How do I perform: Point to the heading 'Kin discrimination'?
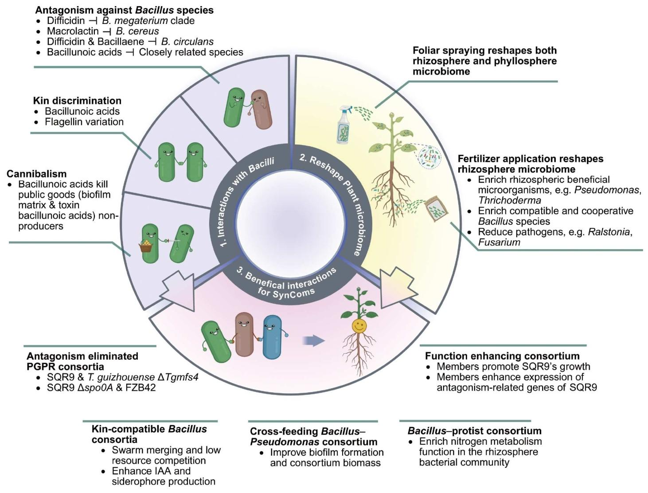tap(77, 101)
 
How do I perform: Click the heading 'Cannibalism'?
tap(37, 174)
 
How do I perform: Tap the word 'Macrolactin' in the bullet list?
tap(73, 31)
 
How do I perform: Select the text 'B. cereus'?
tap(137, 31)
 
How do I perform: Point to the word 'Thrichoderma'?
tap(510, 200)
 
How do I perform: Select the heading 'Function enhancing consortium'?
tap(502, 356)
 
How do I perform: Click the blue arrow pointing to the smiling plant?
tap(313, 340)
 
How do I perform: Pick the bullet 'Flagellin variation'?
tap(84, 121)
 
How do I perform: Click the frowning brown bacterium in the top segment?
tap(261, 109)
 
